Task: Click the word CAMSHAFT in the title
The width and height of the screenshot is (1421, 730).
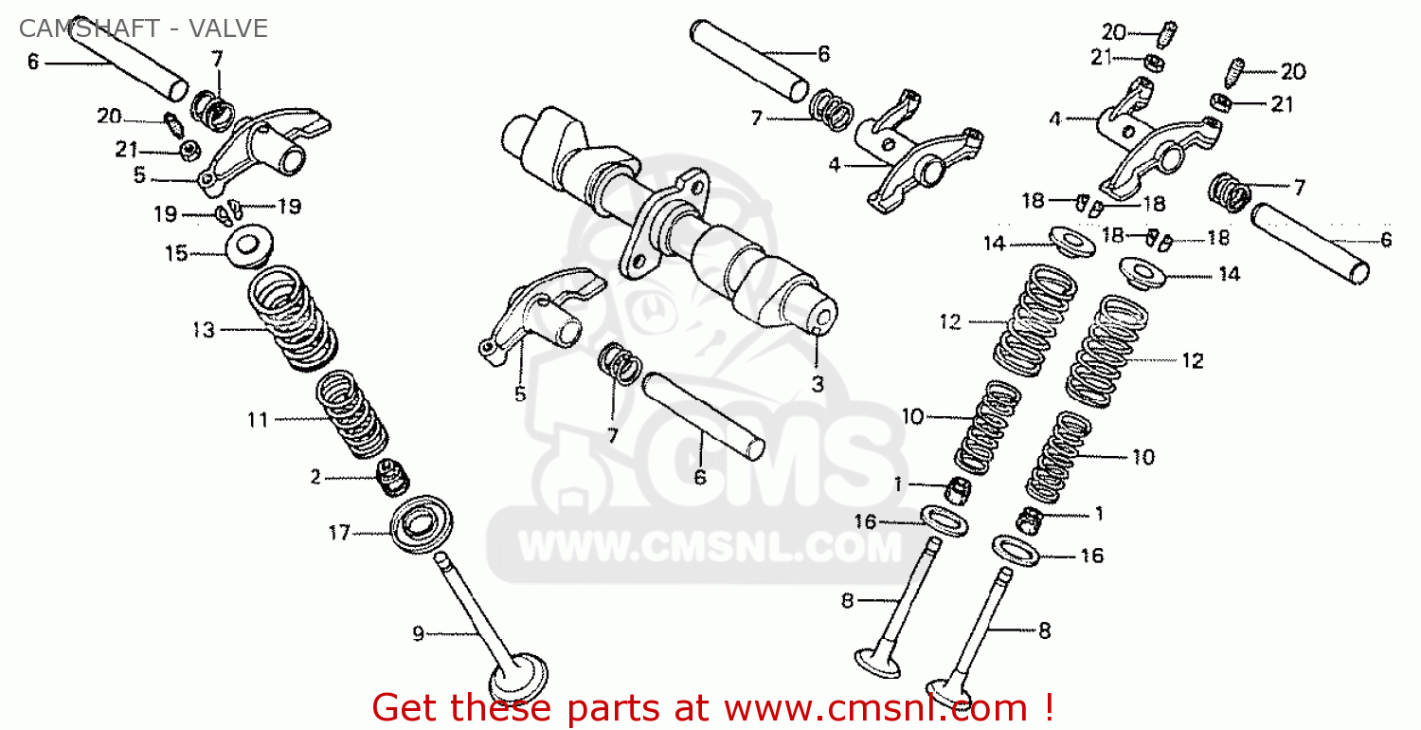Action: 89,28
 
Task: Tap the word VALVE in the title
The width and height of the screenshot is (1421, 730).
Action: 228,28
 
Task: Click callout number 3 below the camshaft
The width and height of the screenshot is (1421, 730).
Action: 818,384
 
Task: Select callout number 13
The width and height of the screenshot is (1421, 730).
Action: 204,330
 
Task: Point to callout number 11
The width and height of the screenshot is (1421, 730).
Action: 258,420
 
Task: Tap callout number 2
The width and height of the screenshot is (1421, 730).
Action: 315,477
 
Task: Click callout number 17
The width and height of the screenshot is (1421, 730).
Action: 339,533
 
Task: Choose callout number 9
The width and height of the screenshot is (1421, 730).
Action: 418,633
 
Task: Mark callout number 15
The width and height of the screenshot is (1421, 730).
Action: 176,254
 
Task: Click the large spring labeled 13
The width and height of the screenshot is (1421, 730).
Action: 293,319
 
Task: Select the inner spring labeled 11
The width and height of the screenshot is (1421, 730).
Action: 352,414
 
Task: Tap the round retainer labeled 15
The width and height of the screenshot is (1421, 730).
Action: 250,245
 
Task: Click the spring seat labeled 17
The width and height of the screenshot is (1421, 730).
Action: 422,524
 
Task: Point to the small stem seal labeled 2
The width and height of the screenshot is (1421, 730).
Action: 393,479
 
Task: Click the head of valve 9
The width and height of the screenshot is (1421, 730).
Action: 518,679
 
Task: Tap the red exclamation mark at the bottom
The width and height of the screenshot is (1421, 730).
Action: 1048,706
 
